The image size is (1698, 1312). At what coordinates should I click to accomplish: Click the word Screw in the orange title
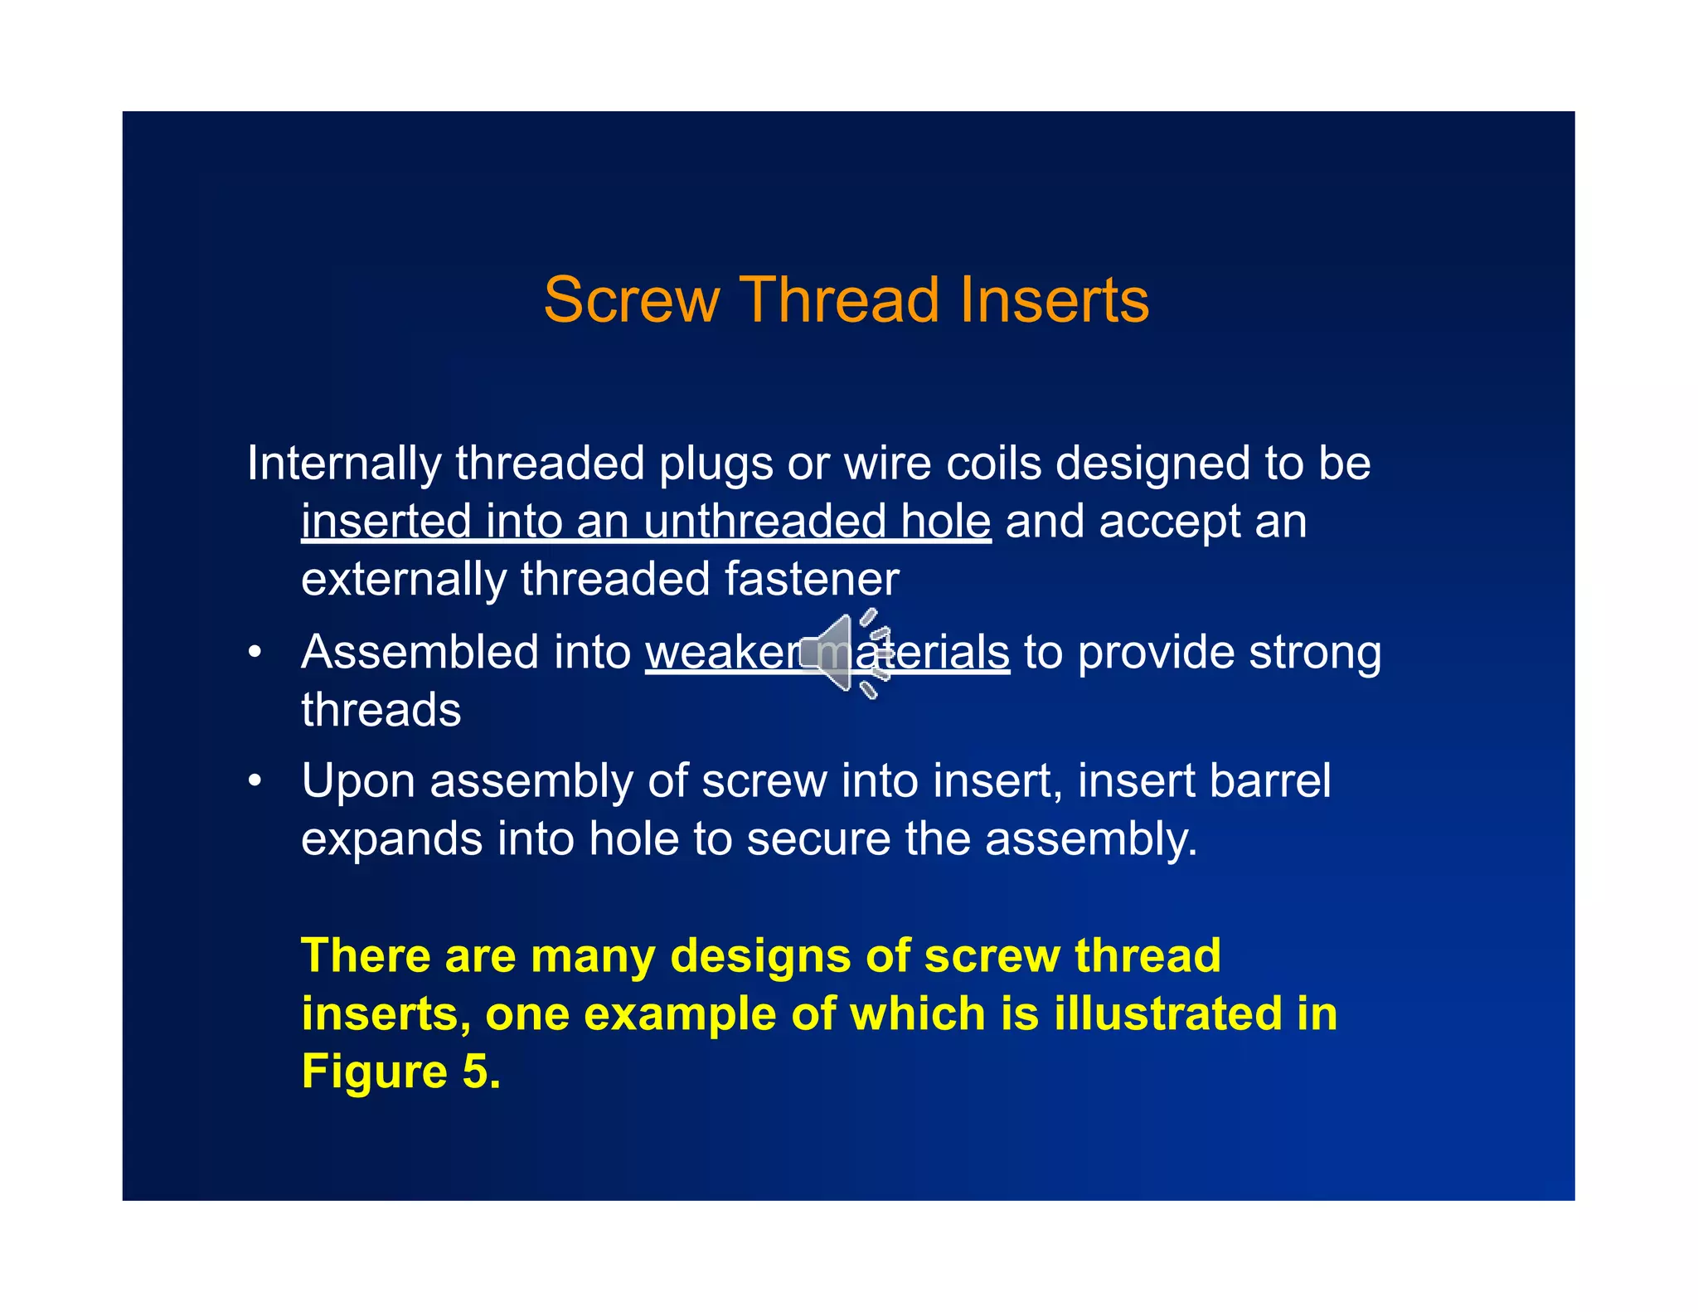tap(631, 299)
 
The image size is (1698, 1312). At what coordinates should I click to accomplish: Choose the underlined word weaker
tap(722, 653)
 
